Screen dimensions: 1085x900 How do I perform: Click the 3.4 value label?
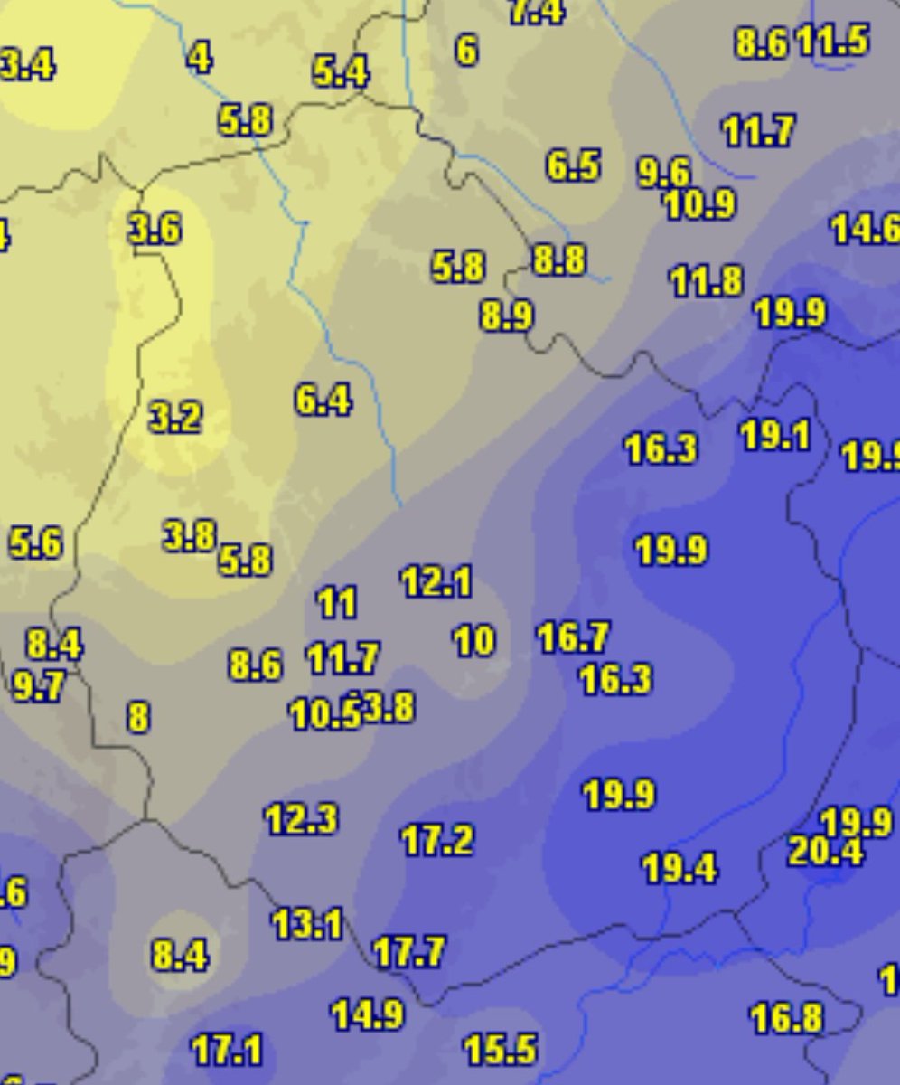pyautogui.click(x=27, y=65)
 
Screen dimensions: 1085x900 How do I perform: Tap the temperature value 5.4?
pyautogui.click(x=341, y=71)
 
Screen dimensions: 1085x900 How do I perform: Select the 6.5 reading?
pyautogui.click(x=573, y=166)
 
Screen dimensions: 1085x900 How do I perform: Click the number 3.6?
pyautogui.click(x=155, y=230)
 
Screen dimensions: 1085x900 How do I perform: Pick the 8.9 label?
pyautogui.click(x=506, y=316)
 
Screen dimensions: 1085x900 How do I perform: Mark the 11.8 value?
pyautogui.click(x=706, y=282)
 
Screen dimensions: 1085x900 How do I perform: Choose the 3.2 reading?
pyautogui.click(x=174, y=418)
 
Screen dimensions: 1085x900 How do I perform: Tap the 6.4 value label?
pyautogui.click(x=323, y=400)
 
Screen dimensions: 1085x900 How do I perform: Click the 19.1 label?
pyautogui.click(x=774, y=436)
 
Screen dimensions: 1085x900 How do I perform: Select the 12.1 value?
pyautogui.click(x=436, y=582)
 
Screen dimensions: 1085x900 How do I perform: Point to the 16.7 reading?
pyautogui.click(x=573, y=637)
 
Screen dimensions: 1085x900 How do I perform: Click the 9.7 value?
pyautogui.click(x=39, y=687)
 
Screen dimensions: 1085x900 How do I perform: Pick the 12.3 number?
pyautogui.click(x=301, y=819)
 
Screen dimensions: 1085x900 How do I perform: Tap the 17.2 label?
pyautogui.click(x=436, y=841)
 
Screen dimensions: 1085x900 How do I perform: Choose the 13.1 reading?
pyautogui.click(x=307, y=924)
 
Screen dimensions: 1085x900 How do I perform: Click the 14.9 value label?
pyautogui.click(x=367, y=1014)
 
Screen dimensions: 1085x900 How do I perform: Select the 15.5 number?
pyautogui.click(x=500, y=1050)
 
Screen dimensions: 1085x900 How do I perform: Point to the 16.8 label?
pyautogui.click(x=786, y=1019)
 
